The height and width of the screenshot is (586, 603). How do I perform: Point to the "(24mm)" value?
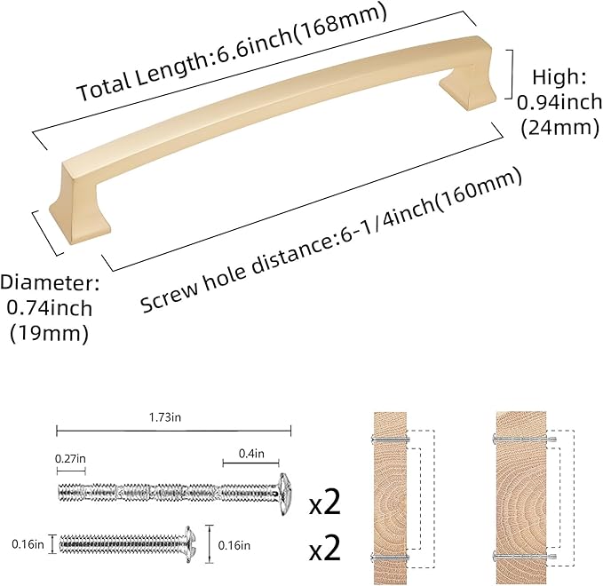coord(558,128)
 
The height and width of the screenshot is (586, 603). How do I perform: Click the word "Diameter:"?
coord(49,284)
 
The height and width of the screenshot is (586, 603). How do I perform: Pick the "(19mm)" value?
coord(49,335)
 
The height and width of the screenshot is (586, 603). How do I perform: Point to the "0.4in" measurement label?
coord(250,455)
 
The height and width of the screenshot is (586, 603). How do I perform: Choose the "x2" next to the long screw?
coord(325,505)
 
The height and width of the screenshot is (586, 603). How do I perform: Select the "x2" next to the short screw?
coord(325,549)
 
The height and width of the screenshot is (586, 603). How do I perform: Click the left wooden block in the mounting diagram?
coord(386,496)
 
